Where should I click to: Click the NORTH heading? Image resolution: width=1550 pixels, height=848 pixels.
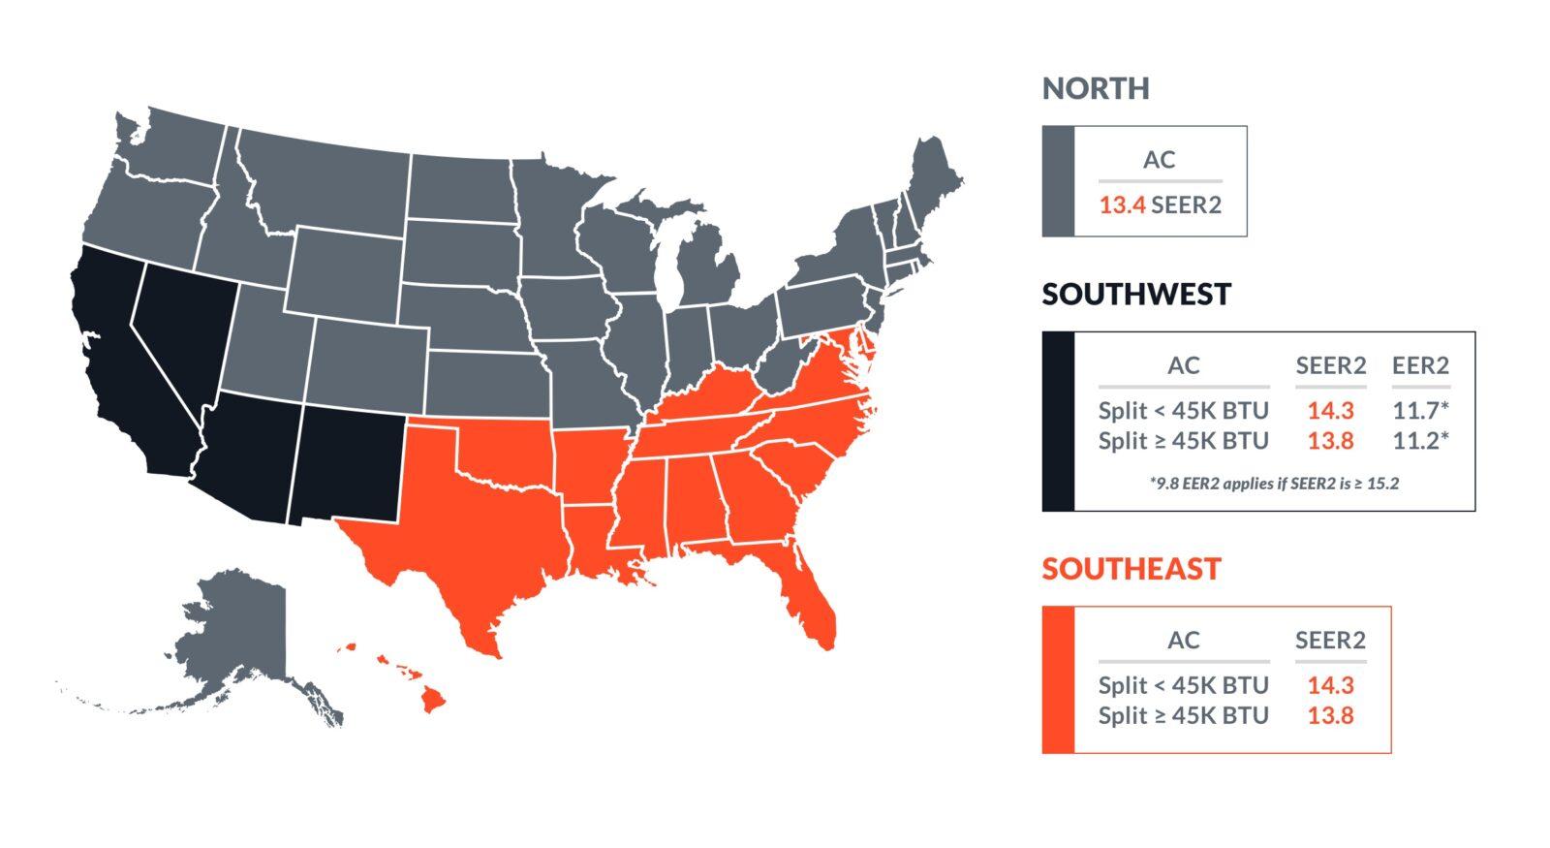pos(1096,88)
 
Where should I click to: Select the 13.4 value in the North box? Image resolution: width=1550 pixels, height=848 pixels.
pos(1122,204)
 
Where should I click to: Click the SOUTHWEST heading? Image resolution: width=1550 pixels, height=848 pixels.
pos(1136,294)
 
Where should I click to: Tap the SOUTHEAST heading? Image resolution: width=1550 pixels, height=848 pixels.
pos(1131,568)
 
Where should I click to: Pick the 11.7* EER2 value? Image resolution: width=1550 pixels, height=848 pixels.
pos(1420,410)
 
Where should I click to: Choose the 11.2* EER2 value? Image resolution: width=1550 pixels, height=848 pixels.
pos(1420,441)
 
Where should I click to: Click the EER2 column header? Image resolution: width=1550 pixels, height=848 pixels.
pos(1420,365)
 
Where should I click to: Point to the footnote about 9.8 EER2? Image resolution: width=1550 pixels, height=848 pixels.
pos(1274,483)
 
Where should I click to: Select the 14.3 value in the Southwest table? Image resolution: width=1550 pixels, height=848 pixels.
pos(1330,410)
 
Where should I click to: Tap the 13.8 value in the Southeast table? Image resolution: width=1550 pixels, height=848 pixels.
pos(1330,716)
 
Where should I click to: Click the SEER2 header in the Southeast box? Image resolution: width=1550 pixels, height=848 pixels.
pos(1330,641)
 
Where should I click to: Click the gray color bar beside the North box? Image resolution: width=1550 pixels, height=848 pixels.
pos(1058,181)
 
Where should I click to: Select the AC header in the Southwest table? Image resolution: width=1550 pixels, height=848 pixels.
pos(1183,365)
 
